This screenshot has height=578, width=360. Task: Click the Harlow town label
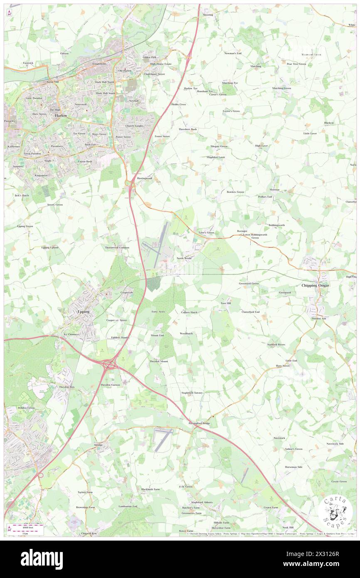61,116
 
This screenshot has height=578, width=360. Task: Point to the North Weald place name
184,258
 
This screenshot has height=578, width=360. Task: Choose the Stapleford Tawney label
192,393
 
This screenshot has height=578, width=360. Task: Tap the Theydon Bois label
67,387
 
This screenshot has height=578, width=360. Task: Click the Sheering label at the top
208,15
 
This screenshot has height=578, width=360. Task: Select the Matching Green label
281,88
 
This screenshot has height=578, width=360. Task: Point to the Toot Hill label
225,304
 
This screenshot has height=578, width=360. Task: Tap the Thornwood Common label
117,247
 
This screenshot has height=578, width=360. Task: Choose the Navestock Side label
335,444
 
